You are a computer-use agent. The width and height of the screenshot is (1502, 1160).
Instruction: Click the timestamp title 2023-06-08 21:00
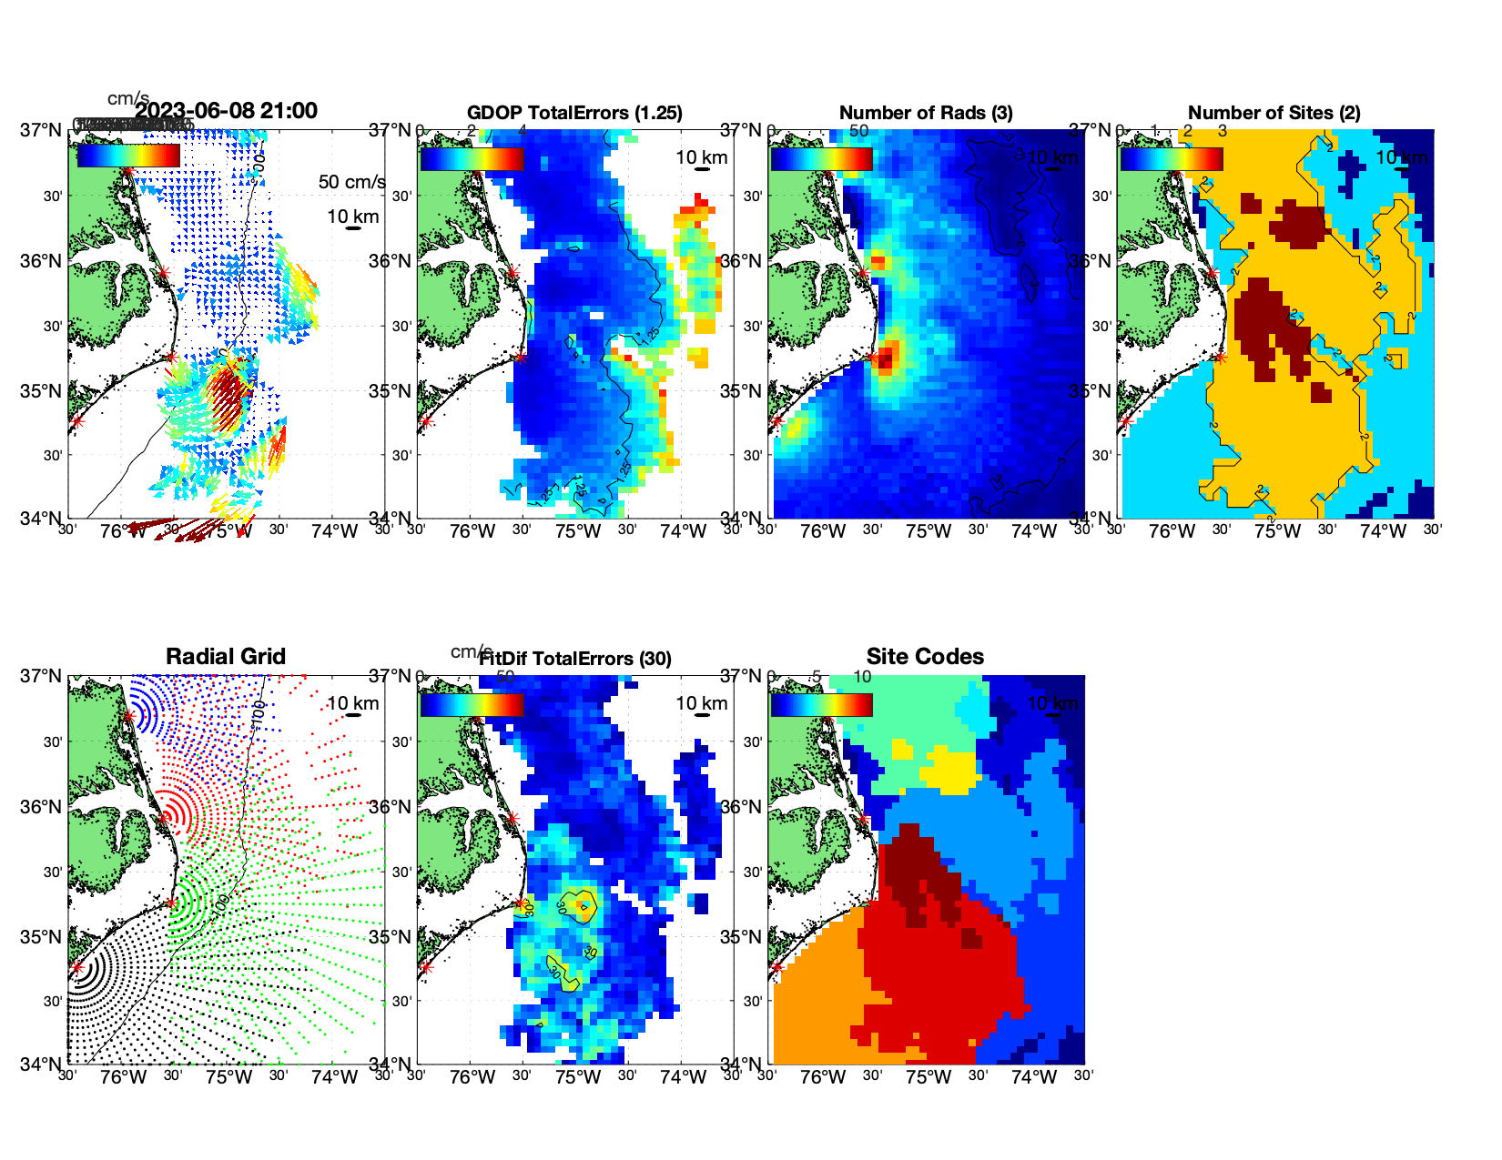(x=227, y=111)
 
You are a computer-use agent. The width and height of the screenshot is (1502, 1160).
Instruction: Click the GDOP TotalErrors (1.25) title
(x=574, y=113)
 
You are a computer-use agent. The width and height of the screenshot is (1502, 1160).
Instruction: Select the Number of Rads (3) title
(x=926, y=113)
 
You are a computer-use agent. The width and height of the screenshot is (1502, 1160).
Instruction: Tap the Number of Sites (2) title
(x=1274, y=113)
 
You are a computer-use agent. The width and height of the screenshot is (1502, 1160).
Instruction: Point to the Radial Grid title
(x=226, y=657)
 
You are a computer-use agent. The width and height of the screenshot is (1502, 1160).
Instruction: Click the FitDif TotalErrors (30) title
(x=575, y=659)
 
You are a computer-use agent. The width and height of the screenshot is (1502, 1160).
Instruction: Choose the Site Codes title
(x=925, y=657)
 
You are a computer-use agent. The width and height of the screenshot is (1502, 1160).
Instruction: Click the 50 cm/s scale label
(x=351, y=182)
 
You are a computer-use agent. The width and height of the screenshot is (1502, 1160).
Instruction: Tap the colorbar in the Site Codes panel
(x=821, y=705)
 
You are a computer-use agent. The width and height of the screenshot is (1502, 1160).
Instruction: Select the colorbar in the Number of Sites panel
(x=1172, y=159)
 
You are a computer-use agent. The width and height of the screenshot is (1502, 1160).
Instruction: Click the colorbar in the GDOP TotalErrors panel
(x=472, y=159)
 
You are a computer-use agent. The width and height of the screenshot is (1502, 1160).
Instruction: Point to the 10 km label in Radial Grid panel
(x=352, y=703)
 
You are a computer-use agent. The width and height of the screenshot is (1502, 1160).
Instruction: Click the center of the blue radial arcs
(x=129, y=716)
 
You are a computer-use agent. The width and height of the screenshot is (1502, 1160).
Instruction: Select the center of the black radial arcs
(x=77, y=967)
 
